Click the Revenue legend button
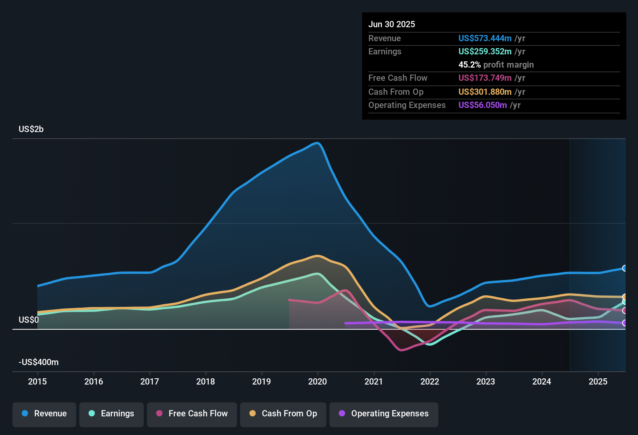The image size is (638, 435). pos(44,414)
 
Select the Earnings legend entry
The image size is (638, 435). pos(112,414)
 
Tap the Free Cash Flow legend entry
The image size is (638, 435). pos(192,414)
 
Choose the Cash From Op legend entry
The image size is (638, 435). pos(283,414)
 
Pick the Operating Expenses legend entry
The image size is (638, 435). pos(384,414)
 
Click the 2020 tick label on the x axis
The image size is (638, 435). pos(317,381)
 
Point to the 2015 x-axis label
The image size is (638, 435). pos(37,381)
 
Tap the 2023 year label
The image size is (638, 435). pos(486,381)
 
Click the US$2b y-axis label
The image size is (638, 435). pos(31,129)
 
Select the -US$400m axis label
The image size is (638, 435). pos(38,362)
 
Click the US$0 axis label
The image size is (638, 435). pos(29,320)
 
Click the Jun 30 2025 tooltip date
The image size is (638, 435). pos(392,24)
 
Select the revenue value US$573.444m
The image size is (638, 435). pos(485,38)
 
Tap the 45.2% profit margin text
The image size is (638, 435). pos(496,64)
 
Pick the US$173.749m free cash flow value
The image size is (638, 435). pos(485,78)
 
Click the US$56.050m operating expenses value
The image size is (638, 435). pos(482,105)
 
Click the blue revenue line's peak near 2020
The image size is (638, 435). pos(318,143)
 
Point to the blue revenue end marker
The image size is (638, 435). pos(624,268)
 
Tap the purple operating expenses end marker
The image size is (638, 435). pos(624,323)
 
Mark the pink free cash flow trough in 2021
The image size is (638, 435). pos(401,350)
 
